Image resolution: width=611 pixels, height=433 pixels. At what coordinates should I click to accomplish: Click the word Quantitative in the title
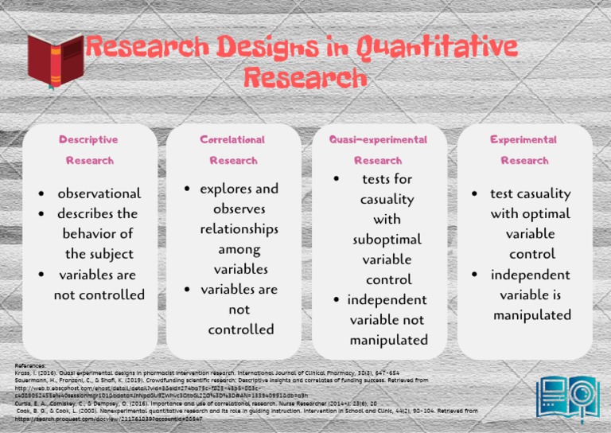(x=436, y=49)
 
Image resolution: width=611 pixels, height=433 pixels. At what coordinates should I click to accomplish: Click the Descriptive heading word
(x=88, y=139)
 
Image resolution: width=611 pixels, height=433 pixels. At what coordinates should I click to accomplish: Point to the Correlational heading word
(x=232, y=139)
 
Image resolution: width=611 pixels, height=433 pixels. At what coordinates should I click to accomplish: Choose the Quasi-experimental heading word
(x=378, y=139)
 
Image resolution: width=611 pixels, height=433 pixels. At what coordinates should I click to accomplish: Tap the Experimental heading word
(x=523, y=139)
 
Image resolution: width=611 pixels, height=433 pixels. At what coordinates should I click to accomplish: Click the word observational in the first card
(x=99, y=193)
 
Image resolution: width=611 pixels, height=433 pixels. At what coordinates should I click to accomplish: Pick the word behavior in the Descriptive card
(x=99, y=234)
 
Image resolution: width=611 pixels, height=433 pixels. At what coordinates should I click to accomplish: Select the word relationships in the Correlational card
(x=239, y=229)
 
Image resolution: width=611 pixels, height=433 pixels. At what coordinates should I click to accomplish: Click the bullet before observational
(x=41, y=194)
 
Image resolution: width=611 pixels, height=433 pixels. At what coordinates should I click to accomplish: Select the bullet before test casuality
(x=474, y=194)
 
